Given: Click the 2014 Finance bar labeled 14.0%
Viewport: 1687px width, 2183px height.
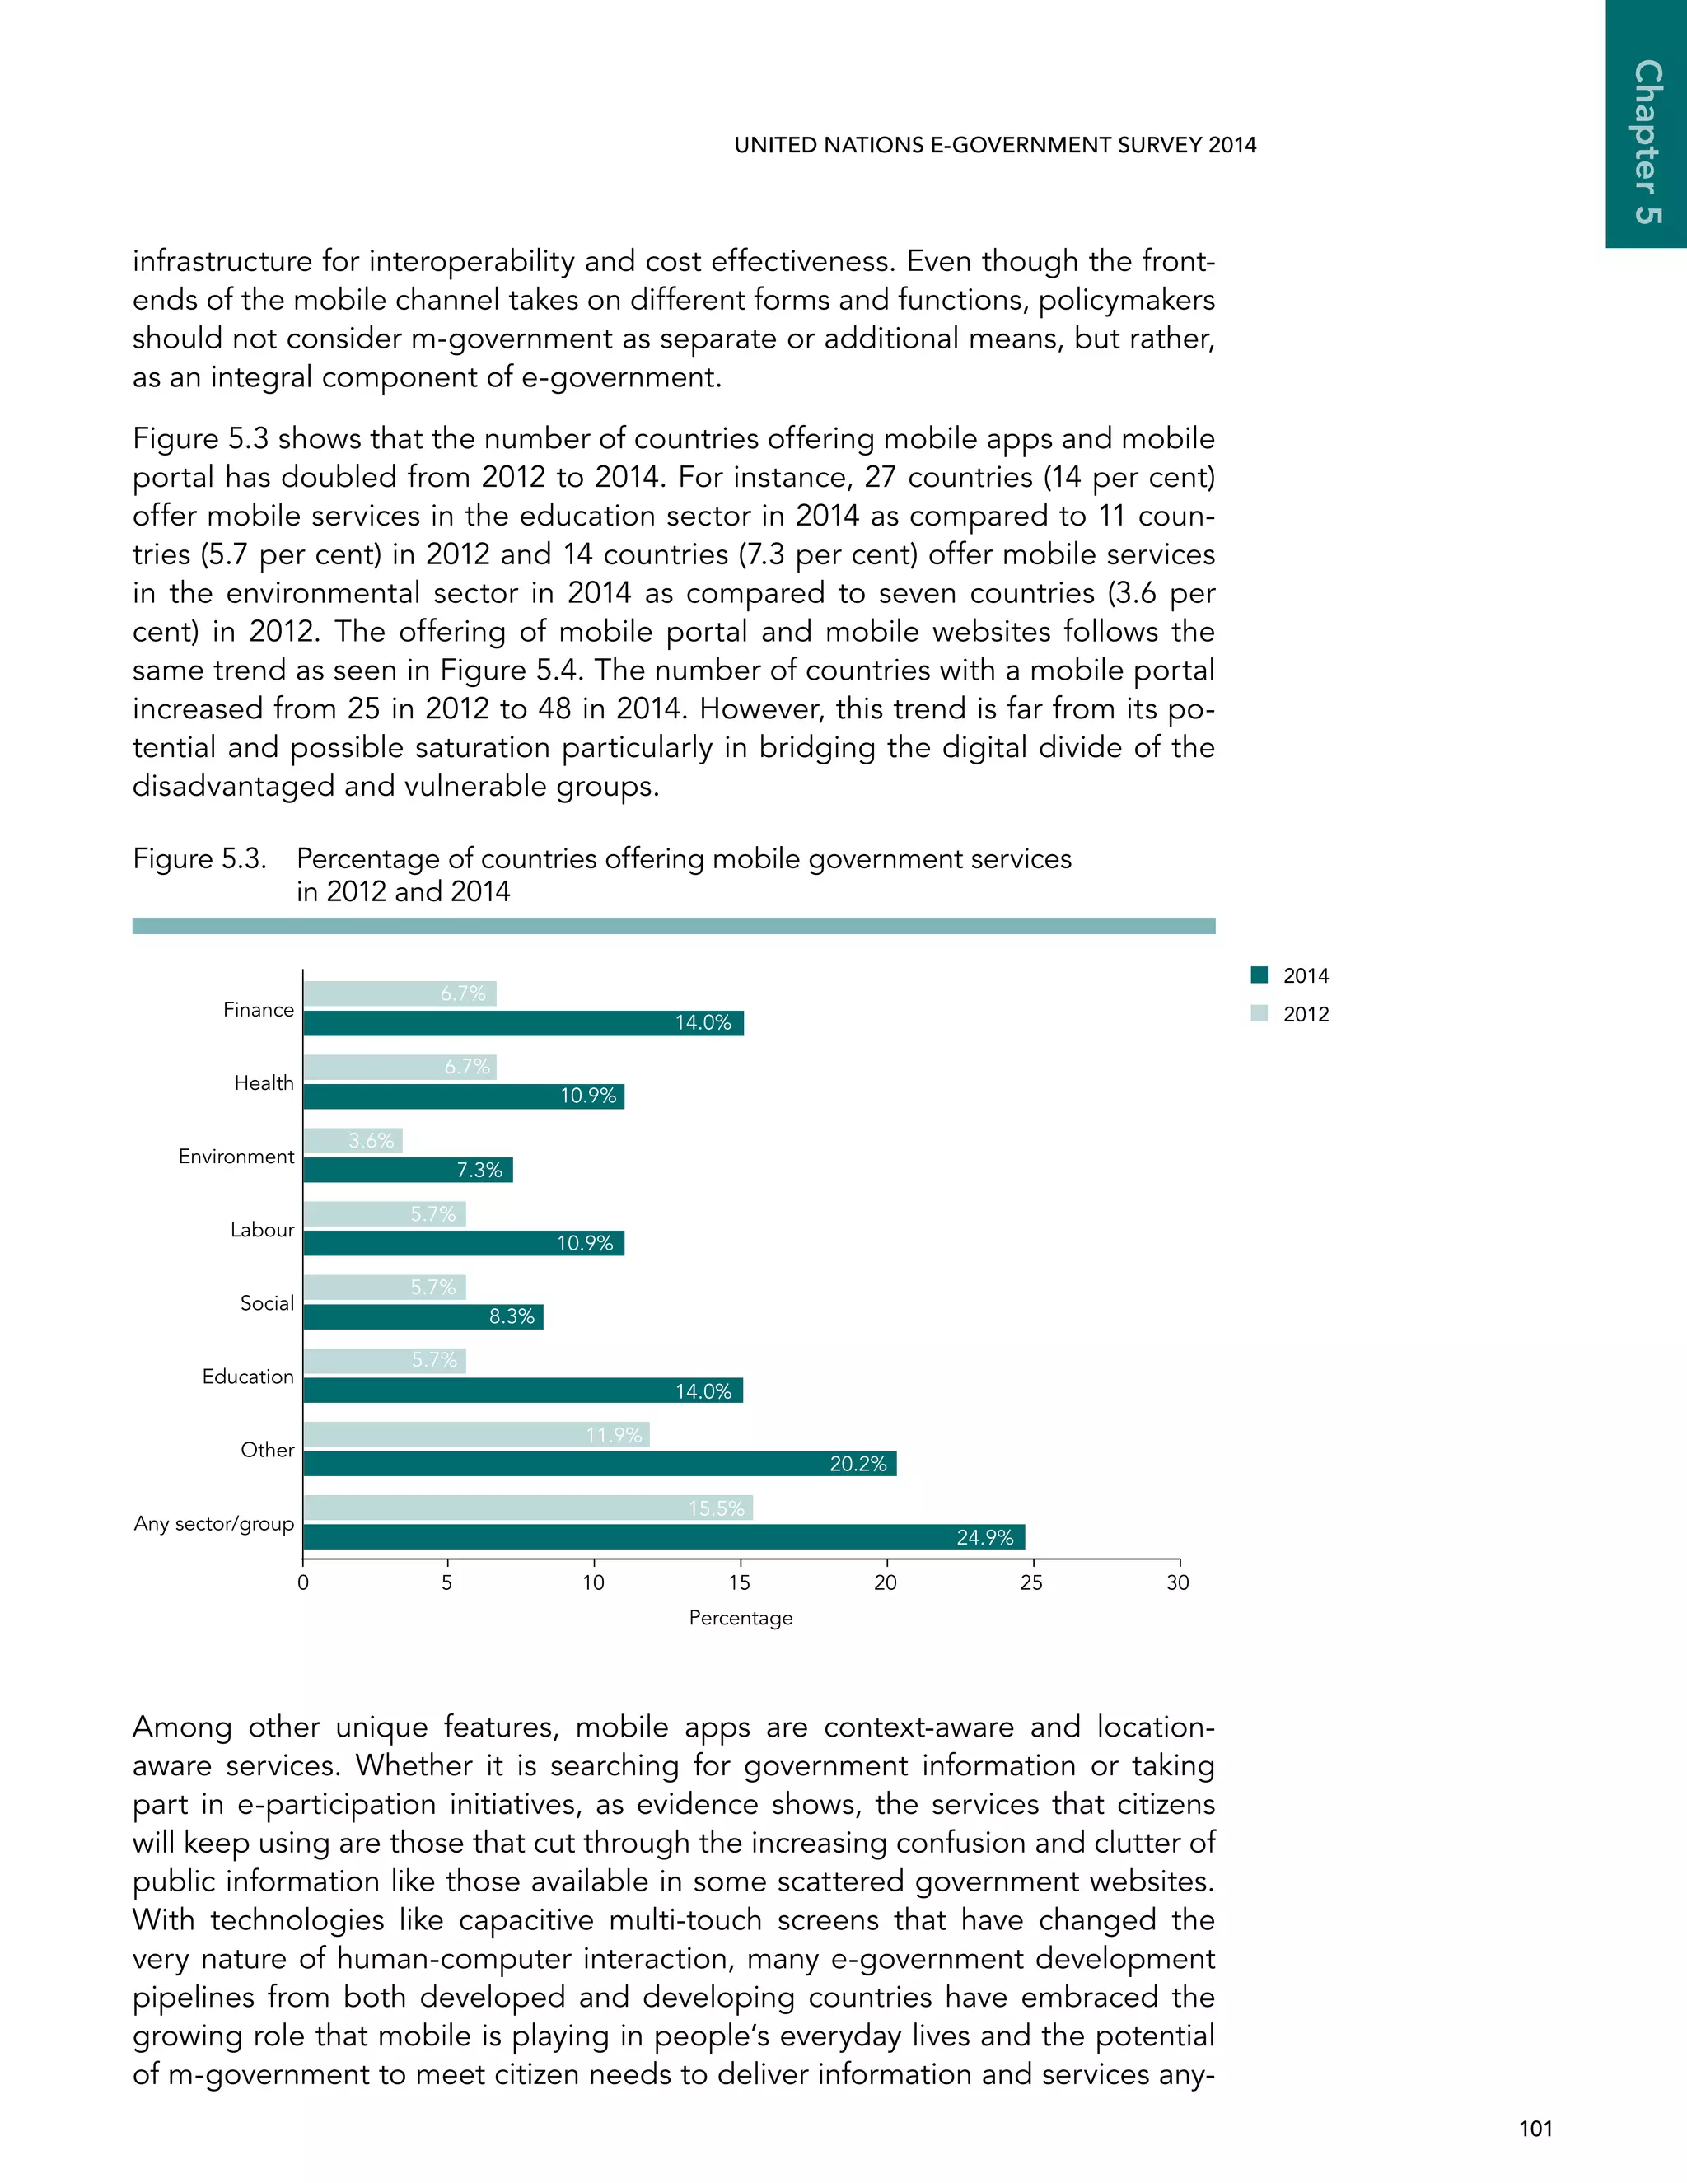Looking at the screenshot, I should point(523,1022).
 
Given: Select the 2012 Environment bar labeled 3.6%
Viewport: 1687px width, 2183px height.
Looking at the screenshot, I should point(353,1140).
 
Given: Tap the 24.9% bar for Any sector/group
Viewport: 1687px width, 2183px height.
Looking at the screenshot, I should point(664,1537).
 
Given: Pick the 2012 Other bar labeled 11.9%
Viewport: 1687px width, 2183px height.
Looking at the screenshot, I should point(476,1434).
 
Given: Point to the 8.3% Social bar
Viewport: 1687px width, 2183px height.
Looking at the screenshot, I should point(423,1316).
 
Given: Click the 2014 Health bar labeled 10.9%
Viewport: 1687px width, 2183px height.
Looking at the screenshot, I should point(464,1096).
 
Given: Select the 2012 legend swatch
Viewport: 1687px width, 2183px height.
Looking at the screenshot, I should point(1259,1013).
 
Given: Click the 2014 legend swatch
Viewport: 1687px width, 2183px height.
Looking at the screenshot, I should point(1259,975).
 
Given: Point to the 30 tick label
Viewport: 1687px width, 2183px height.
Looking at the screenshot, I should point(1177,1582).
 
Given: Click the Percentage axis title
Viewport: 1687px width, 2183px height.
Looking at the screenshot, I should point(741,1617).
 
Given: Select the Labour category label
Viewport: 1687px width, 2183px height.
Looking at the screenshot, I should point(262,1229).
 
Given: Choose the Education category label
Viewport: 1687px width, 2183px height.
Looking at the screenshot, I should point(248,1377).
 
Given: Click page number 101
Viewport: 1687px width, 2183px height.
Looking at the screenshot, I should point(1535,2129).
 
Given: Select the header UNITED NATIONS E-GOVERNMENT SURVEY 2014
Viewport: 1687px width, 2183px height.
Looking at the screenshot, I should point(995,145).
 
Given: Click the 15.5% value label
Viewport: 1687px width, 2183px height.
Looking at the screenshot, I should point(717,1508).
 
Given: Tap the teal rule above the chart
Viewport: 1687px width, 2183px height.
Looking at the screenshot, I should point(674,926).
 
